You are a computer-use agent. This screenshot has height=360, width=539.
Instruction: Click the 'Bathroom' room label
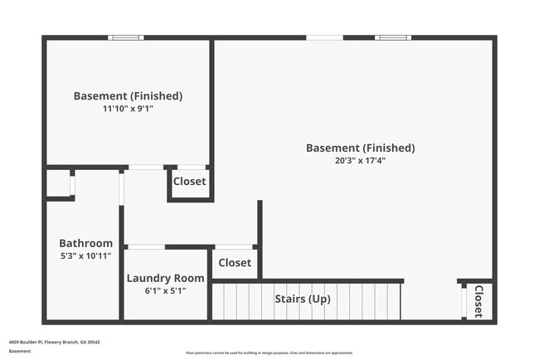pyautogui.click(x=85, y=243)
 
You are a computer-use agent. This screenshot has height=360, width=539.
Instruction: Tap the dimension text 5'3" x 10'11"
pyautogui.click(x=85, y=255)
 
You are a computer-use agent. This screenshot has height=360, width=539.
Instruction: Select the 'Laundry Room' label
pyautogui.click(x=165, y=278)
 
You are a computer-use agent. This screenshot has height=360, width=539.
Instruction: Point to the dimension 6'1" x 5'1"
pyautogui.click(x=165, y=290)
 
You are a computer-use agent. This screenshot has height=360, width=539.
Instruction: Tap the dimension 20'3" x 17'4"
pyautogui.click(x=360, y=161)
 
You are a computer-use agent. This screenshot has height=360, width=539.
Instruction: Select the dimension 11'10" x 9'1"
pyautogui.click(x=128, y=109)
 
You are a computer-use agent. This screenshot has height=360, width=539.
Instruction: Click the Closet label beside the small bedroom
pyautogui.click(x=190, y=182)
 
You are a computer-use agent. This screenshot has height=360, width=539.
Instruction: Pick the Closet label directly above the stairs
pyautogui.click(x=235, y=263)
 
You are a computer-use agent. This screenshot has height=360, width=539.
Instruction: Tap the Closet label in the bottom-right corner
pyautogui.click(x=478, y=302)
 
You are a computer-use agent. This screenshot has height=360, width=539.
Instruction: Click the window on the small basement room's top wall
pyautogui.click(x=126, y=37)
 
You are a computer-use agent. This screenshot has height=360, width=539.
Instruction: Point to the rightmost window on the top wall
pyautogui.click(x=392, y=37)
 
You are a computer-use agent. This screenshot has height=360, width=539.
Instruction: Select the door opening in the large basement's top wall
pyautogui.click(x=324, y=37)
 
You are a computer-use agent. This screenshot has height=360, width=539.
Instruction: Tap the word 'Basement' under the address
pyautogui.click(x=20, y=351)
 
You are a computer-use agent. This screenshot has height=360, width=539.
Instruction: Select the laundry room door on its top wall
pyautogui.click(x=145, y=246)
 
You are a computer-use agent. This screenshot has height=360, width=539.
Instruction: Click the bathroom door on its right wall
pyautogui.click(x=121, y=189)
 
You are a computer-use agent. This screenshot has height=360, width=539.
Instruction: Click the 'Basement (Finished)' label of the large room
pyautogui.click(x=360, y=148)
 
